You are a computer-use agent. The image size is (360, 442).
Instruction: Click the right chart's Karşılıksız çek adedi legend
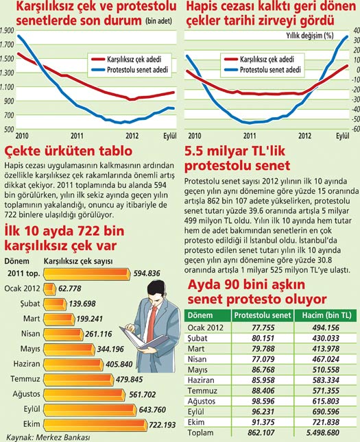pos(264,60)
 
